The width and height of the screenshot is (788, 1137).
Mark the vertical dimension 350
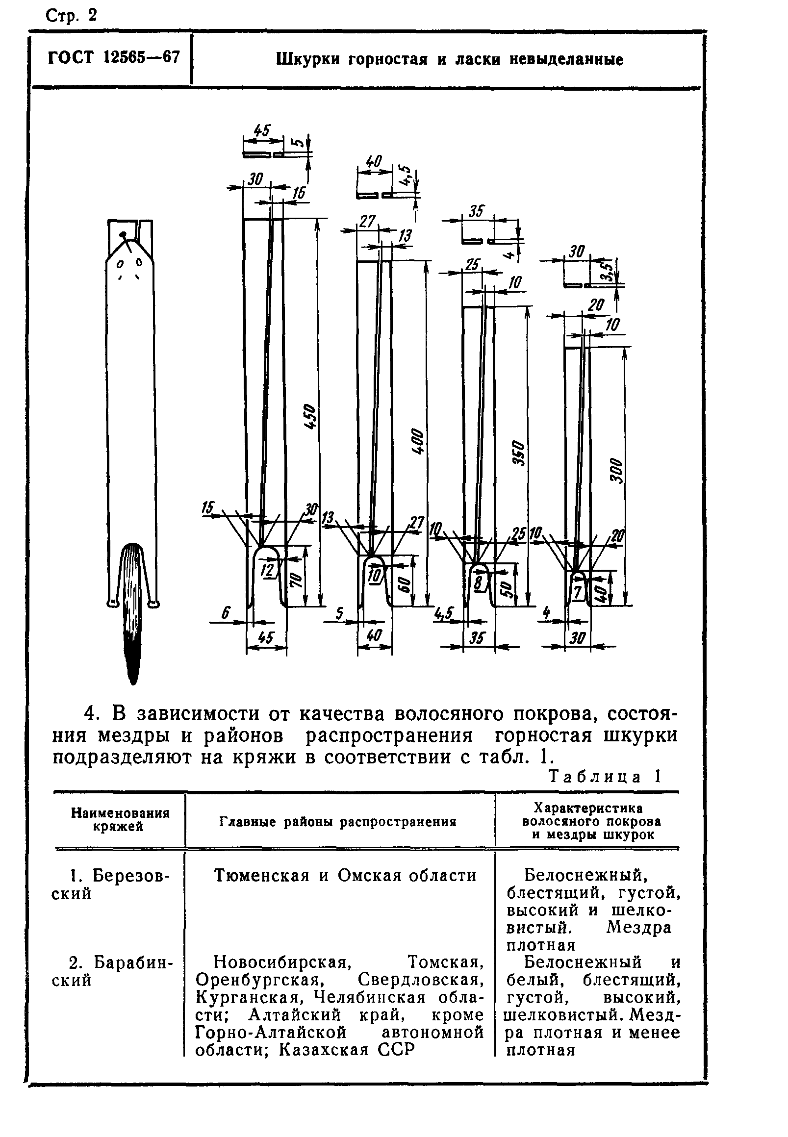point(518,453)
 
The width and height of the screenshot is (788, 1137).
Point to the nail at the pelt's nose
point(124,235)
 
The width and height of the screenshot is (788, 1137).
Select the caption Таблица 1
point(605,777)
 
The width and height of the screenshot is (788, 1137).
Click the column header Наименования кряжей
point(120,820)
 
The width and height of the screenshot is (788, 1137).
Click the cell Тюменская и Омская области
point(345,875)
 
